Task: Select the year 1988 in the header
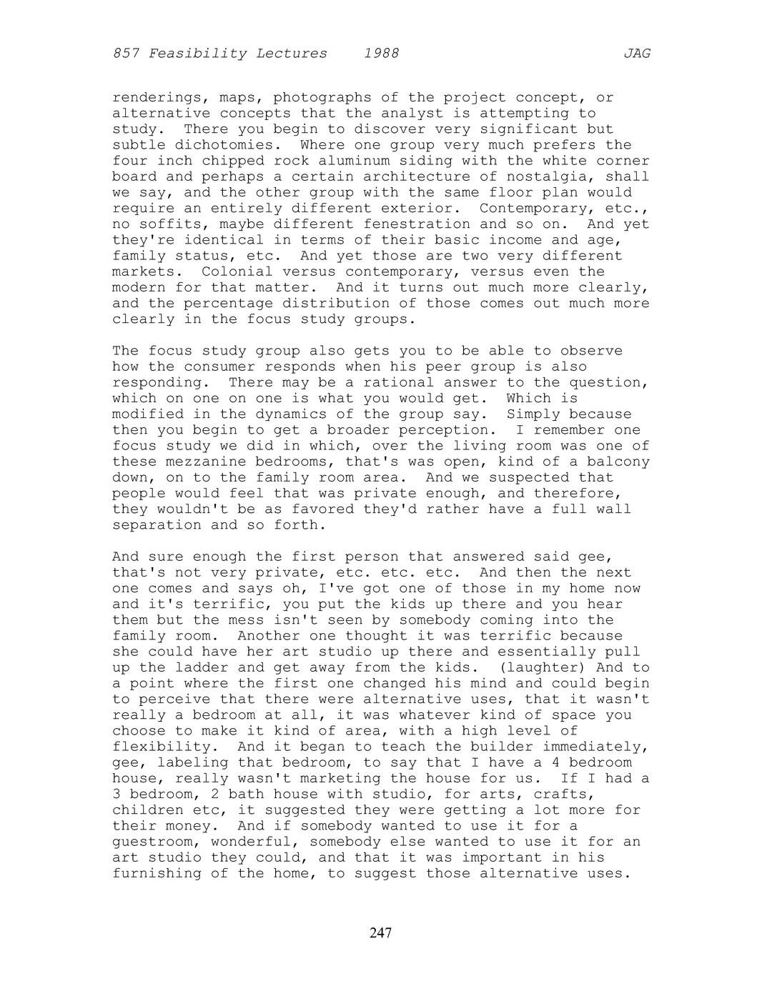point(381,54)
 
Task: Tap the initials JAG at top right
point(636,54)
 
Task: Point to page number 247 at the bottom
point(381,932)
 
